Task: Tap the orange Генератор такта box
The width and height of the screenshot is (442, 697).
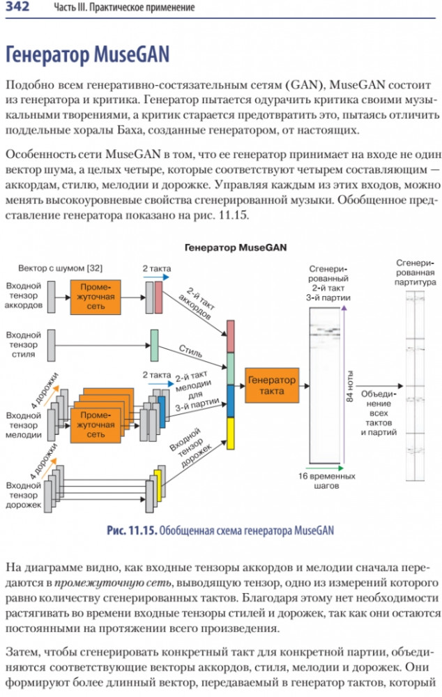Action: (x=271, y=385)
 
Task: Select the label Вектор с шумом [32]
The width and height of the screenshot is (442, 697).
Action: (x=61, y=268)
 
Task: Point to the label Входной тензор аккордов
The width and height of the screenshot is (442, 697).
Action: (x=24, y=296)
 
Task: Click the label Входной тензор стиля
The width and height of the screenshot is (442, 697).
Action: (x=24, y=344)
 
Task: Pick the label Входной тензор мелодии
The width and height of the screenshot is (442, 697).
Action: (x=24, y=425)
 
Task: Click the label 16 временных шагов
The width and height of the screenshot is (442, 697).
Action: (x=326, y=481)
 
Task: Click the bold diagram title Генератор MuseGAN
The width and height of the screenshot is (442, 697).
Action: (x=236, y=247)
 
